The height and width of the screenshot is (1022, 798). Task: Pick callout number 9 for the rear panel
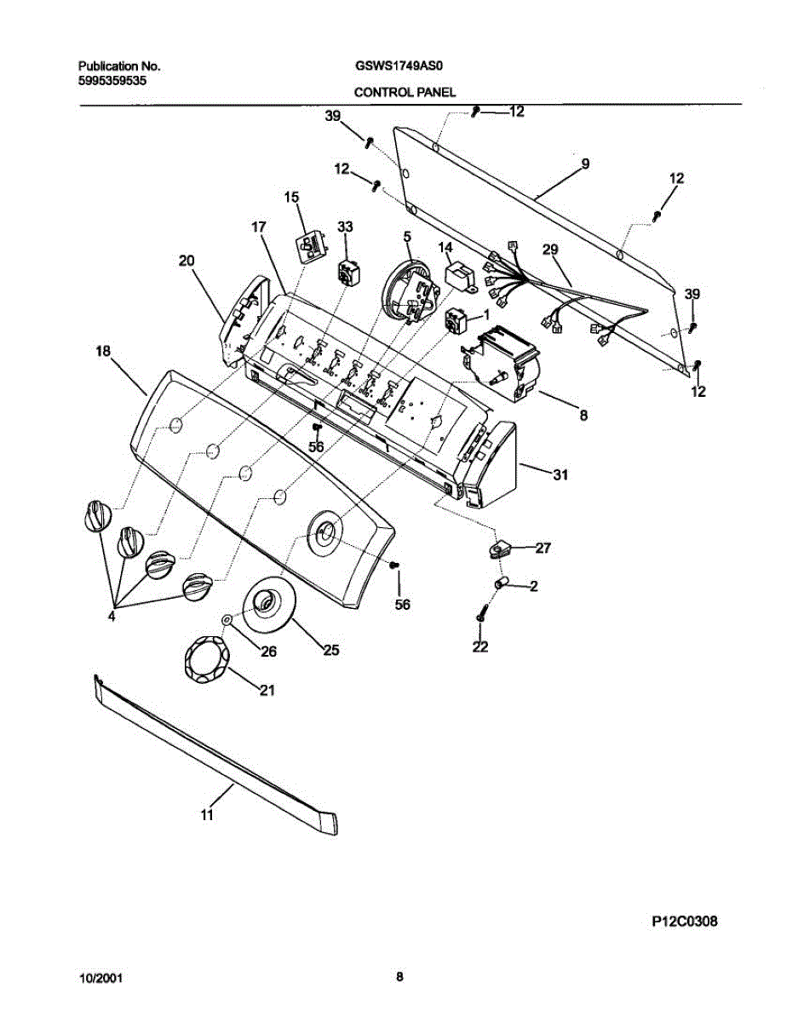coord(585,163)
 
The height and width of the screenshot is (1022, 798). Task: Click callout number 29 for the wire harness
coord(551,249)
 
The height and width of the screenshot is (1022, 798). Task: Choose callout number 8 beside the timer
coord(583,416)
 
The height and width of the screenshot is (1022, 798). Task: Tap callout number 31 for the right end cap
coord(560,475)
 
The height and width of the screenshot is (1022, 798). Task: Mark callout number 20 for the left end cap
coord(187,261)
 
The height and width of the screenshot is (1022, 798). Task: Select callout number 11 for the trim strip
coord(207,815)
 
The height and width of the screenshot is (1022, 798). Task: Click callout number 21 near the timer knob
coord(267,690)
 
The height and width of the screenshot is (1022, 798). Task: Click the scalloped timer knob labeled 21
coord(204,658)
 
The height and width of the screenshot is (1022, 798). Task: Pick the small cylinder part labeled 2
coord(502,583)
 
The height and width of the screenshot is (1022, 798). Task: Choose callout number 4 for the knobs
coord(112,617)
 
